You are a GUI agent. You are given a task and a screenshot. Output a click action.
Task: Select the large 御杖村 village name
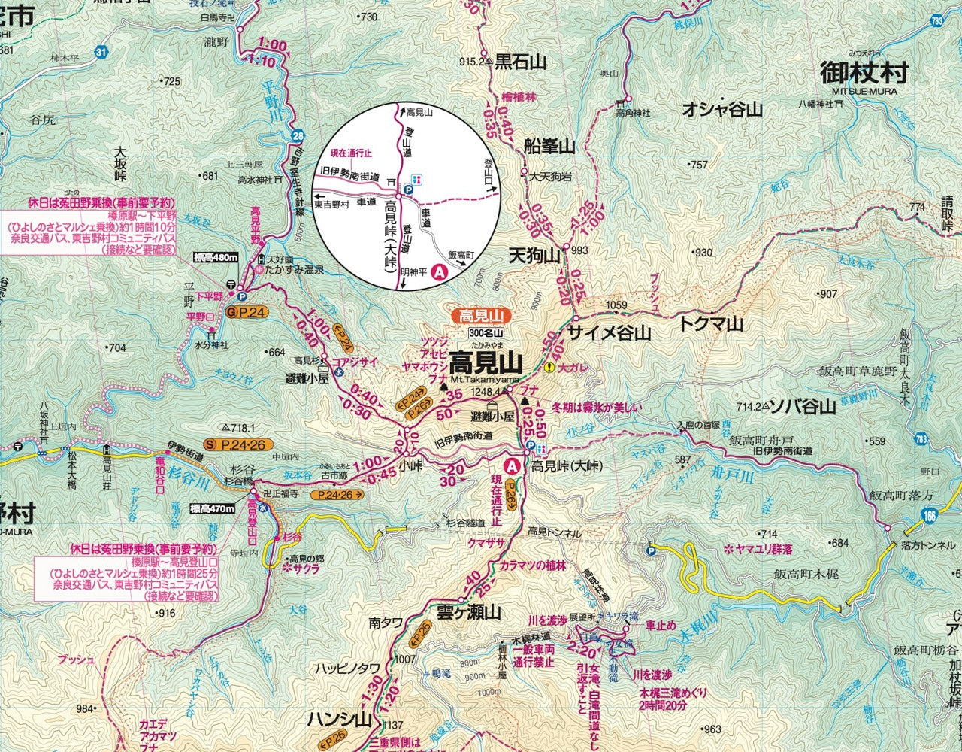tap(864, 74)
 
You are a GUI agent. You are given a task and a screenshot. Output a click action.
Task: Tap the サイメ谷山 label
tap(609, 332)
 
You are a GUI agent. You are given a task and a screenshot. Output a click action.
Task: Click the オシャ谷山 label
tap(722, 110)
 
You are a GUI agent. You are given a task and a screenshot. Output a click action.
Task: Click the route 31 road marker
tap(101, 52)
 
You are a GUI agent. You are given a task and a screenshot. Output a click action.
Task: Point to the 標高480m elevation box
tap(216, 258)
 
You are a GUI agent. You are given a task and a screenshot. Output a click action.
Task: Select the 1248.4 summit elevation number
tap(487, 392)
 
